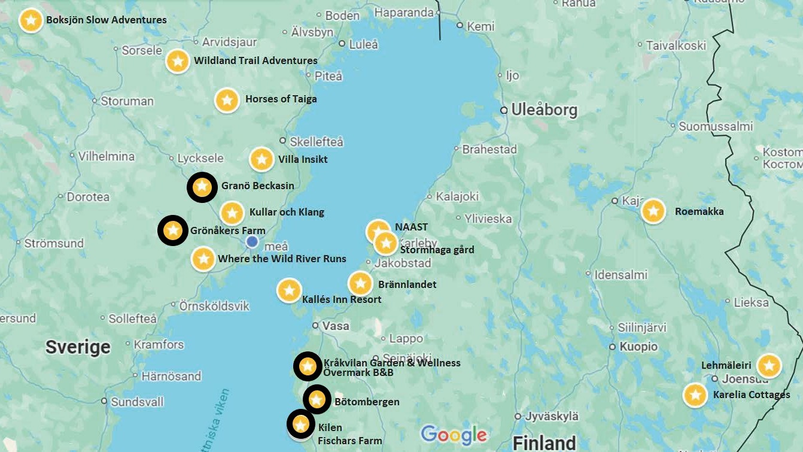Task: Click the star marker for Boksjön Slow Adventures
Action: pyautogui.click(x=31, y=20)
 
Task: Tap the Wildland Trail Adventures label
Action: pyautogui.click(x=255, y=60)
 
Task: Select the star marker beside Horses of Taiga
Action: pyautogui.click(x=227, y=100)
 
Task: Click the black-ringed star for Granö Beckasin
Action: pyautogui.click(x=202, y=187)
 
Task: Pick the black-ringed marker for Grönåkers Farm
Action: pyautogui.click(x=172, y=230)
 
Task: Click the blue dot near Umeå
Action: pyautogui.click(x=253, y=241)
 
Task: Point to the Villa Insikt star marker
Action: pyautogui.click(x=261, y=159)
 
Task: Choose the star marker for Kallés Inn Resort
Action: pyautogui.click(x=289, y=290)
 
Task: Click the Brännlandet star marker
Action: pyautogui.click(x=360, y=283)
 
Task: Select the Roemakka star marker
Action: pyautogui.click(x=653, y=211)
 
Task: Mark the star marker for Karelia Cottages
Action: pyautogui.click(x=695, y=395)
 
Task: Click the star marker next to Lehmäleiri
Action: pyautogui.click(x=769, y=366)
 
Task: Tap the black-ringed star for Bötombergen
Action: pyautogui.click(x=317, y=399)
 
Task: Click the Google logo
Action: pyautogui.click(x=454, y=435)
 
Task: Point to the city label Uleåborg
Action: pyautogui.click(x=543, y=110)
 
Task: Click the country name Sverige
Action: pyautogui.click(x=78, y=347)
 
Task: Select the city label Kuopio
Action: pyautogui.click(x=638, y=347)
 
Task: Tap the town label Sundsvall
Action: pyautogui.click(x=137, y=401)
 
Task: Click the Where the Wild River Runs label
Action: pyautogui.click(x=282, y=259)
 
